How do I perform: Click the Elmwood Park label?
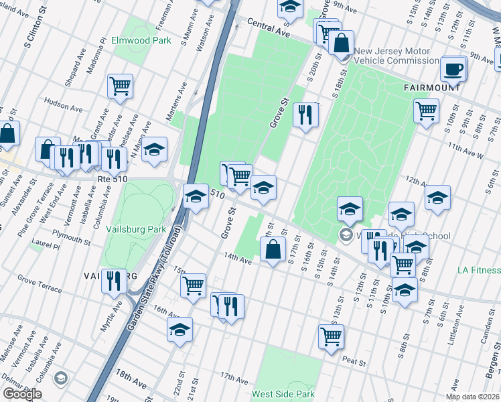coord(141,40)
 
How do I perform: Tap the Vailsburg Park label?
coord(136,229)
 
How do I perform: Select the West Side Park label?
coord(283,395)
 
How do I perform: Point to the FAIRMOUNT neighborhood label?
coord(432,88)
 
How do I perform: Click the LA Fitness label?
coord(478,270)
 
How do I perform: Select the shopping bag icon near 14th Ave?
coord(273,251)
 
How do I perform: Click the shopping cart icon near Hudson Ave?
coord(121,85)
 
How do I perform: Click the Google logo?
coord(21,394)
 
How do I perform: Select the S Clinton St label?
coord(37,32)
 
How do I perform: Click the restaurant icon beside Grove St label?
coord(305,114)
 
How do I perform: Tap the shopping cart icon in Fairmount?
coord(426,111)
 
